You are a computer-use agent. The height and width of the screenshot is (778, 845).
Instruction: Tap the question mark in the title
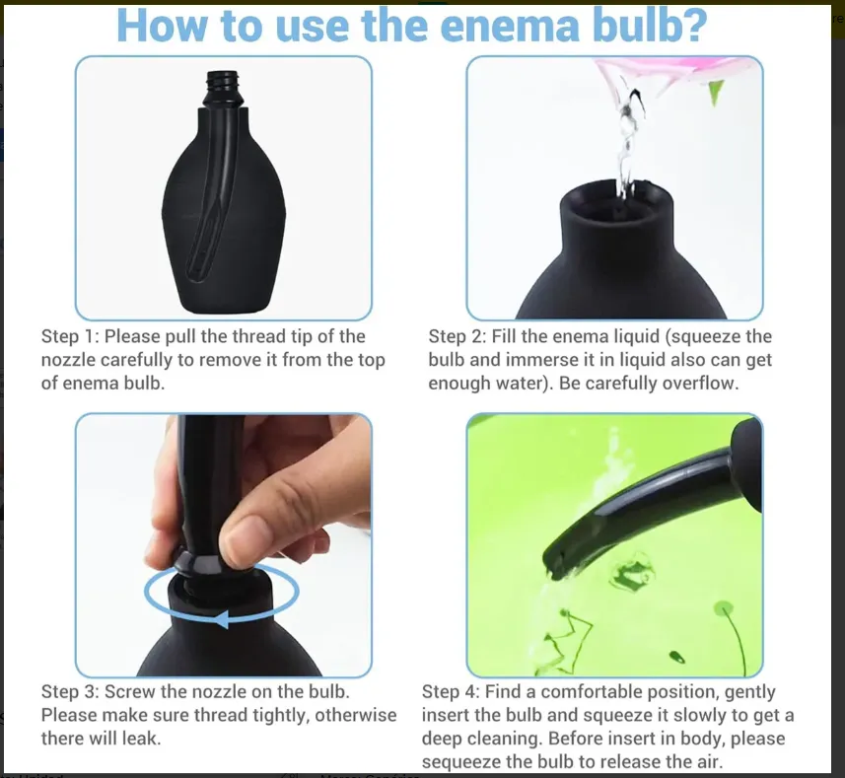coord(691,25)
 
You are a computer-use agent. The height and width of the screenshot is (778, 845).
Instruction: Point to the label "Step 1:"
coord(70,336)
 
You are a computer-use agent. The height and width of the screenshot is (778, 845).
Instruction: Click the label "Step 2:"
coord(458,336)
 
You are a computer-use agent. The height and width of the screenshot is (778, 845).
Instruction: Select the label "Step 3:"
coord(70,692)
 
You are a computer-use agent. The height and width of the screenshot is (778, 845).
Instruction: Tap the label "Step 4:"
coord(451,692)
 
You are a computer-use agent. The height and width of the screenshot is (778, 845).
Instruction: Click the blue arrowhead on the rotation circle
coord(222,619)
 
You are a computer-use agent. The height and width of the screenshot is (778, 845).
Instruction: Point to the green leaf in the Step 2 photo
coord(715,92)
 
